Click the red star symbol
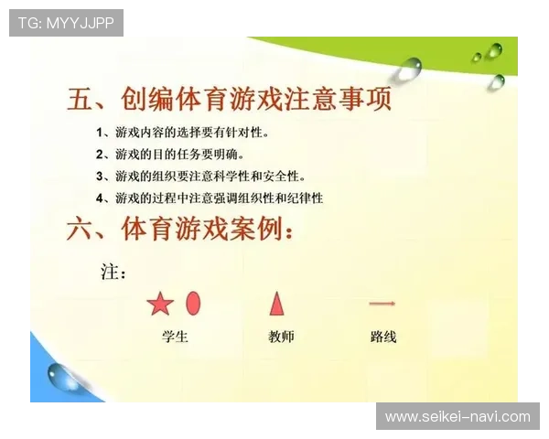click(160, 304)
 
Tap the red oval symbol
click(193, 303)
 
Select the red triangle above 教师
click(276, 303)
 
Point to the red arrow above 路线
click(382, 303)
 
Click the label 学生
click(174, 337)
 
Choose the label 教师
click(281, 337)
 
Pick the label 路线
click(383, 337)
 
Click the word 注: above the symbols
click(113, 272)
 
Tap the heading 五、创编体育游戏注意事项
click(229, 99)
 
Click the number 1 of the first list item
click(100, 132)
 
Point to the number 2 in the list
click(100, 154)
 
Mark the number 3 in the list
click(100, 176)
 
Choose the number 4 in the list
click(100, 198)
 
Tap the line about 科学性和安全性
click(210, 176)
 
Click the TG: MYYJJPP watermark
click(66, 23)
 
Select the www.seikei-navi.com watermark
click(457, 416)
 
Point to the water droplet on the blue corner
click(64, 375)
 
